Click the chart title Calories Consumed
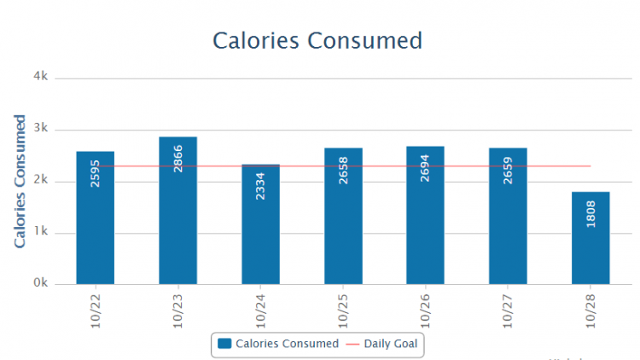[317, 40]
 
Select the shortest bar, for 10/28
[591, 238]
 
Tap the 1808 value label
[591, 213]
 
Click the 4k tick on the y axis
[40, 77]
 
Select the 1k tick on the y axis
[40, 232]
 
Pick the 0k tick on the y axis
[40, 283]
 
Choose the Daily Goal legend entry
[385, 344]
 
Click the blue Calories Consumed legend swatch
[224, 344]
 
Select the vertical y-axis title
[20, 181]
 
